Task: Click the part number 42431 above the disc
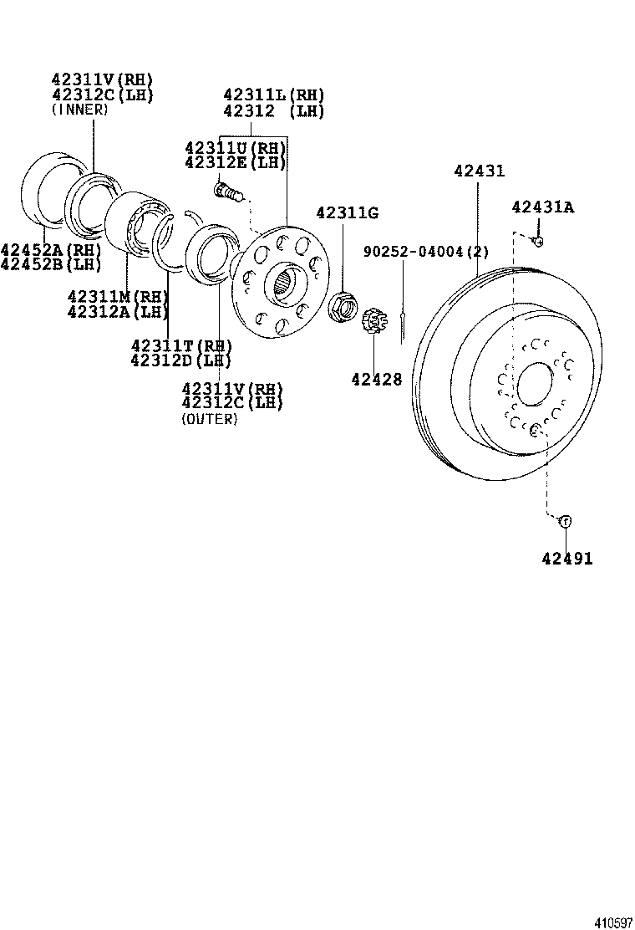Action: pos(479,171)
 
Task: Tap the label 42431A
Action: pos(543,207)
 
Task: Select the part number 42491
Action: pos(565,559)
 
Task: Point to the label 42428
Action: pos(376,379)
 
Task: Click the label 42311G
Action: pos(347,213)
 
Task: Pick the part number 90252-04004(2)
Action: pos(425,251)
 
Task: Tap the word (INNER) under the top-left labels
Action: pos(79,110)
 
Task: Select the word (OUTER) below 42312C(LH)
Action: pos(209,419)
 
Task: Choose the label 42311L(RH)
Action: pos(273,95)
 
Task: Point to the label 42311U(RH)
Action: pos(235,148)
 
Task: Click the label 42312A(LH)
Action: pos(118,312)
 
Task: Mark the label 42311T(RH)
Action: pos(180,345)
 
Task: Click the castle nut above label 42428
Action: pos(376,321)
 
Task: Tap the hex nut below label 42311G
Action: pos(343,306)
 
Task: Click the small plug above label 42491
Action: pos(565,521)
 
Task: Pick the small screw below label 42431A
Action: pos(538,241)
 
